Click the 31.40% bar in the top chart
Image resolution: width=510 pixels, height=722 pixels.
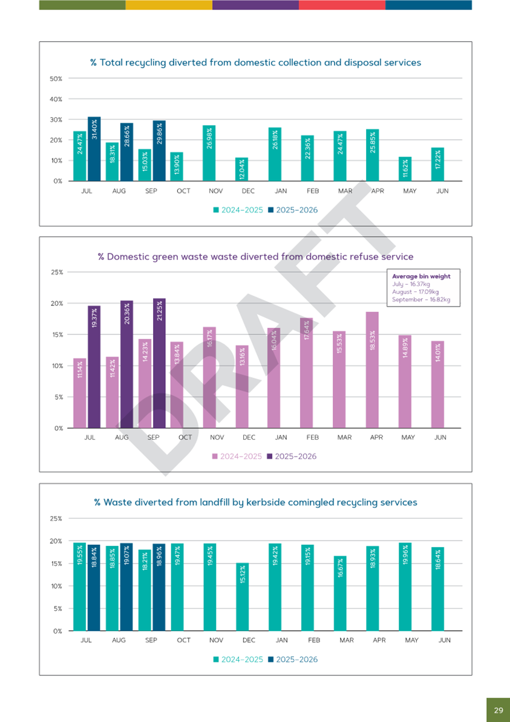point(94,149)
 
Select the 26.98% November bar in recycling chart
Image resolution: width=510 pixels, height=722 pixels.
point(209,153)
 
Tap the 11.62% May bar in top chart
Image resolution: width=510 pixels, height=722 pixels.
point(404,169)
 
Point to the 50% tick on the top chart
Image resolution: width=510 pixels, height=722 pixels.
point(56,79)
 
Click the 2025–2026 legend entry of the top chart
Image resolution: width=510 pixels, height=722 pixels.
point(293,210)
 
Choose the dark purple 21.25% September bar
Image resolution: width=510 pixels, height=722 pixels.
point(159,363)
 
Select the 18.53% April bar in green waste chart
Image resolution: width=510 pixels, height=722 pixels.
point(372,369)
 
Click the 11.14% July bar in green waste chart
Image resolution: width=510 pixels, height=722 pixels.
point(80,393)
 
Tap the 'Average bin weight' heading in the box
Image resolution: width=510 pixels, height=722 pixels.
point(421,276)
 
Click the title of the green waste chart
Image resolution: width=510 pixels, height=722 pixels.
point(255,256)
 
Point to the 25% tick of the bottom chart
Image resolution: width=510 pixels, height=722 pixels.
point(56,518)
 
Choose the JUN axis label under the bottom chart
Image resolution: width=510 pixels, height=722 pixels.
point(444,640)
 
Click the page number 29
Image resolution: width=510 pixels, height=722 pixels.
point(498,710)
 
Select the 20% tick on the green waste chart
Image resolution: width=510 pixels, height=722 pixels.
point(56,304)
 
